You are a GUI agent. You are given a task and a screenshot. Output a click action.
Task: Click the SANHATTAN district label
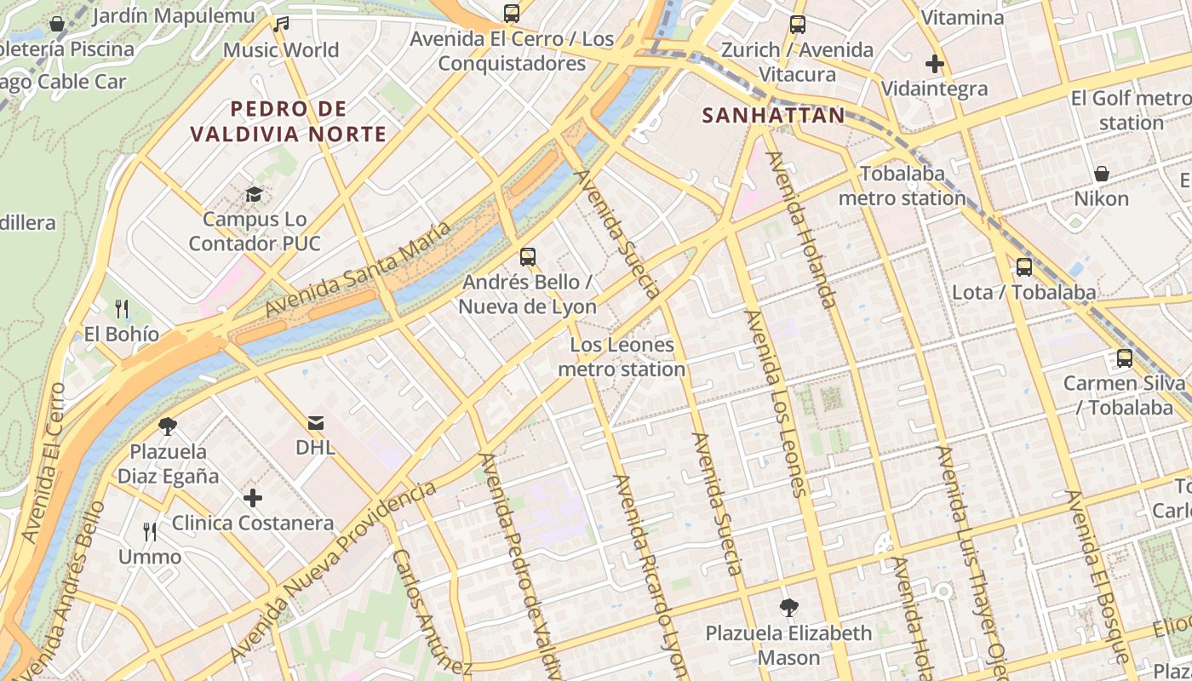773,116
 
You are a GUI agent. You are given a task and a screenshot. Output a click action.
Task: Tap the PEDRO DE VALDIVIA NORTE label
289,121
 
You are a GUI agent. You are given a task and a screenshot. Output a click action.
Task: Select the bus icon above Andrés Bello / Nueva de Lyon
528,256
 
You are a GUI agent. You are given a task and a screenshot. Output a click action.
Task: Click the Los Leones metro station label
622,357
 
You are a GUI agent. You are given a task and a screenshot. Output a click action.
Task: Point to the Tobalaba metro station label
902,186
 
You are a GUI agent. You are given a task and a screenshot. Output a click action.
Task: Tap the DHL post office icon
316,423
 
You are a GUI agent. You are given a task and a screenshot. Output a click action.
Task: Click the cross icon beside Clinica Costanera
253,498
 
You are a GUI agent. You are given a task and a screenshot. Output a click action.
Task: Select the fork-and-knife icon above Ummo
150,532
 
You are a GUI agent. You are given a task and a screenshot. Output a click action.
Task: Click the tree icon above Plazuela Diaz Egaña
168,426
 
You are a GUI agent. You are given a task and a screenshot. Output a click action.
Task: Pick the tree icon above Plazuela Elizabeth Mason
789,608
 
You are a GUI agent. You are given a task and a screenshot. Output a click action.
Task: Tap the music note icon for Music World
281,25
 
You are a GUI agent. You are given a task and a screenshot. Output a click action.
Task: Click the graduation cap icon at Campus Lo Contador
254,195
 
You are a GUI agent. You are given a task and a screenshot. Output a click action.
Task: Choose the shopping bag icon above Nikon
1101,175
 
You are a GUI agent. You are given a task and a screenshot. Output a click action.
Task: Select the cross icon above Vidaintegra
935,64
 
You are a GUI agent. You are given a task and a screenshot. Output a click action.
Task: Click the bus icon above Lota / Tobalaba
1023,267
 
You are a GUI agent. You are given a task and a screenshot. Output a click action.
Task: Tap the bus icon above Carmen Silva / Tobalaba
1124,358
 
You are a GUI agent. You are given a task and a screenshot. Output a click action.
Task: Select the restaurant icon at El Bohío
122,308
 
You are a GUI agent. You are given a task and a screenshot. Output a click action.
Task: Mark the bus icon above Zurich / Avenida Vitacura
797,25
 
